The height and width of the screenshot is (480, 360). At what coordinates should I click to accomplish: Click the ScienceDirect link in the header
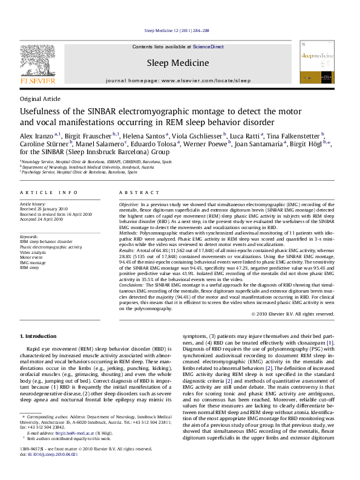point(209,47)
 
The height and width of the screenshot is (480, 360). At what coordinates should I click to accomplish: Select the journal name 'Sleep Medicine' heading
point(177,62)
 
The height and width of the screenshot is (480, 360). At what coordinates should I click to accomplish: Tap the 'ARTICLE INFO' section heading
point(48,192)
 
